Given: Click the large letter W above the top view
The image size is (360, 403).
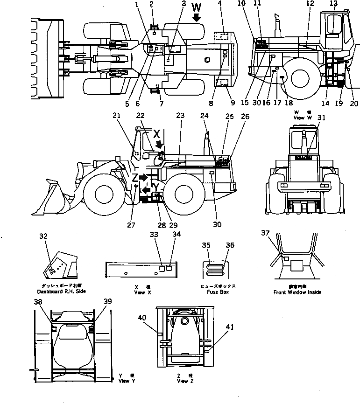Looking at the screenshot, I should click(197, 7).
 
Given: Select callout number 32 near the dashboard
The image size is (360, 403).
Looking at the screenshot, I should click(43, 236).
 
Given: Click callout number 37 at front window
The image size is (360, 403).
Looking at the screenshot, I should click(265, 233).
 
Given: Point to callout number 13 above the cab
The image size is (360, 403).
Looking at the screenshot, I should click(333, 3).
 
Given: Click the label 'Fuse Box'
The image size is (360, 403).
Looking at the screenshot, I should click(218, 292).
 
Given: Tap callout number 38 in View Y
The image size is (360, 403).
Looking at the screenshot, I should click(37, 302).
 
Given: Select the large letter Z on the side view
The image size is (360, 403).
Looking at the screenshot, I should click(134, 178).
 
